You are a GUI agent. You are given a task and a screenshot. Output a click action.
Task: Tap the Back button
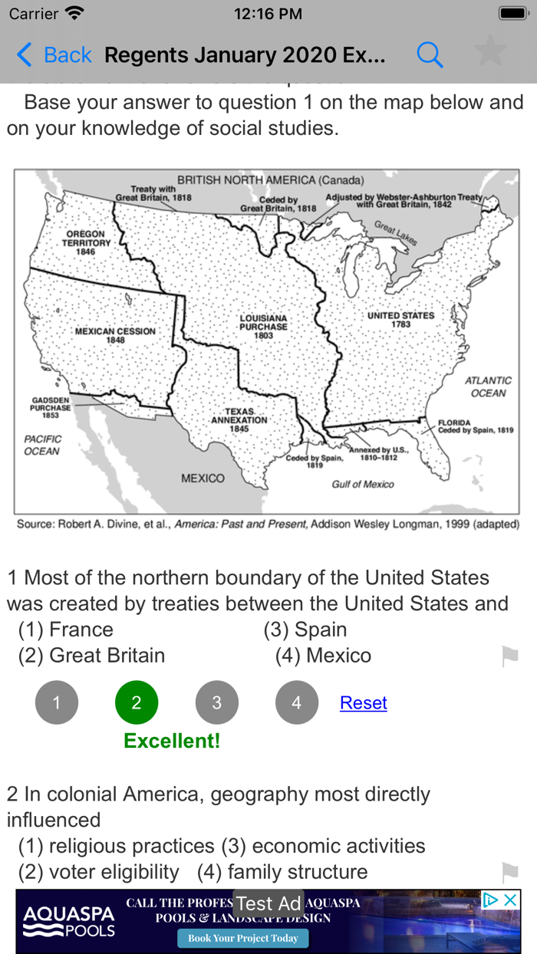54,55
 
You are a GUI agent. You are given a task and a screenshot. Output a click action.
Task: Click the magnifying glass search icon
430,55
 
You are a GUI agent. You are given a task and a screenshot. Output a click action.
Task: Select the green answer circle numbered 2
137,702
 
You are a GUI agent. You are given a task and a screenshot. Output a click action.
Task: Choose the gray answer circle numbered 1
57,702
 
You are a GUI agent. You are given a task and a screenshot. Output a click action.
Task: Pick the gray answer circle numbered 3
216,702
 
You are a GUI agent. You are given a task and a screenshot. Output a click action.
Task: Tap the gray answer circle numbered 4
297,702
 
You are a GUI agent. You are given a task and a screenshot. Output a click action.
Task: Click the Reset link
363,702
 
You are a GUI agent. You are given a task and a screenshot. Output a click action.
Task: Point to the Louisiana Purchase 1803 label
263,326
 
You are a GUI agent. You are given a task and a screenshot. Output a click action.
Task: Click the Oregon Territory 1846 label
86,242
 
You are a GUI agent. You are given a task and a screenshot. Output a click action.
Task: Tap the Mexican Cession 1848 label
115,335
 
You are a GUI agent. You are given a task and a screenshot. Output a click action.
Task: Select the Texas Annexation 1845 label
239,420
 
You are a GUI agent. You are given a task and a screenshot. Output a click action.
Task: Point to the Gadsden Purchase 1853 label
51,407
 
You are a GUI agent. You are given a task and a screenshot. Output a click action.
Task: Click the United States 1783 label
400,319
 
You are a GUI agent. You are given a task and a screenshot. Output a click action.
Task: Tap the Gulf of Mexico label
363,484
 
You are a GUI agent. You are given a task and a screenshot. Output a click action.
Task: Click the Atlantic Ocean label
489,387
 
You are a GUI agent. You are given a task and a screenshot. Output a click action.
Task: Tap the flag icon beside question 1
509,656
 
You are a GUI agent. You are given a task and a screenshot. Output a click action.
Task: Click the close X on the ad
510,900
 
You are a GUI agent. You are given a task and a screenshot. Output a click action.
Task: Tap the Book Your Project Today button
243,938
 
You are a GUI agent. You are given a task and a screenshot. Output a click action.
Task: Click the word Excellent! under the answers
172,741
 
